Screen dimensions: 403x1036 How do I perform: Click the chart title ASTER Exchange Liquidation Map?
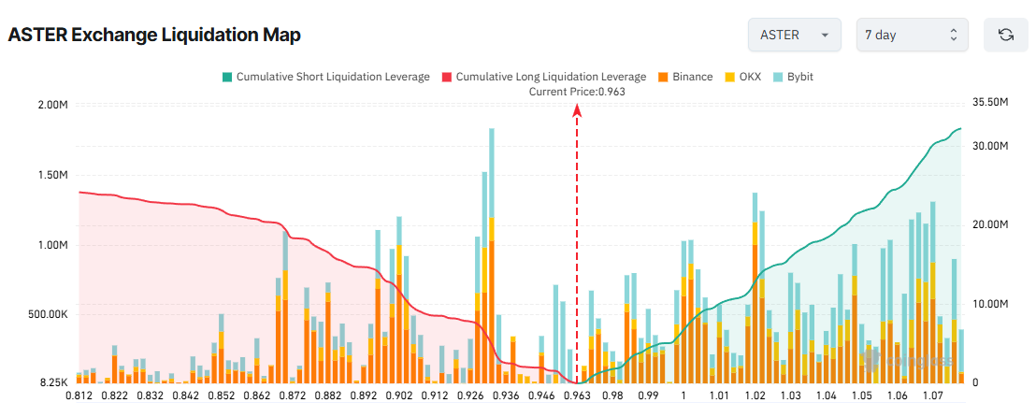pyautogui.click(x=154, y=36)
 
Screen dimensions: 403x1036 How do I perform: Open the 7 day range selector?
pyautogui.click(x=912, y=35)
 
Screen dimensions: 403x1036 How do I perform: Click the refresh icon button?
pyautogui.click(x=1006, y=35)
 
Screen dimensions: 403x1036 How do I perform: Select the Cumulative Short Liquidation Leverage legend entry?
pyautogui.click(x=324, y=77)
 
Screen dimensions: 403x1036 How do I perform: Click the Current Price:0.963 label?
pyautogui.click(x=577, y=91)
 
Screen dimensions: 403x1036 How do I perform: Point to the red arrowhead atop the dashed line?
pyautogui.click(x=577, y=109)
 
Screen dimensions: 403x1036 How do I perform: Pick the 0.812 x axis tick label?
pyautogui.click(x=79, y=396)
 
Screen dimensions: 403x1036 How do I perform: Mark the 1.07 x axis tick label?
pyautogui.click(x=930, y=396)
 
